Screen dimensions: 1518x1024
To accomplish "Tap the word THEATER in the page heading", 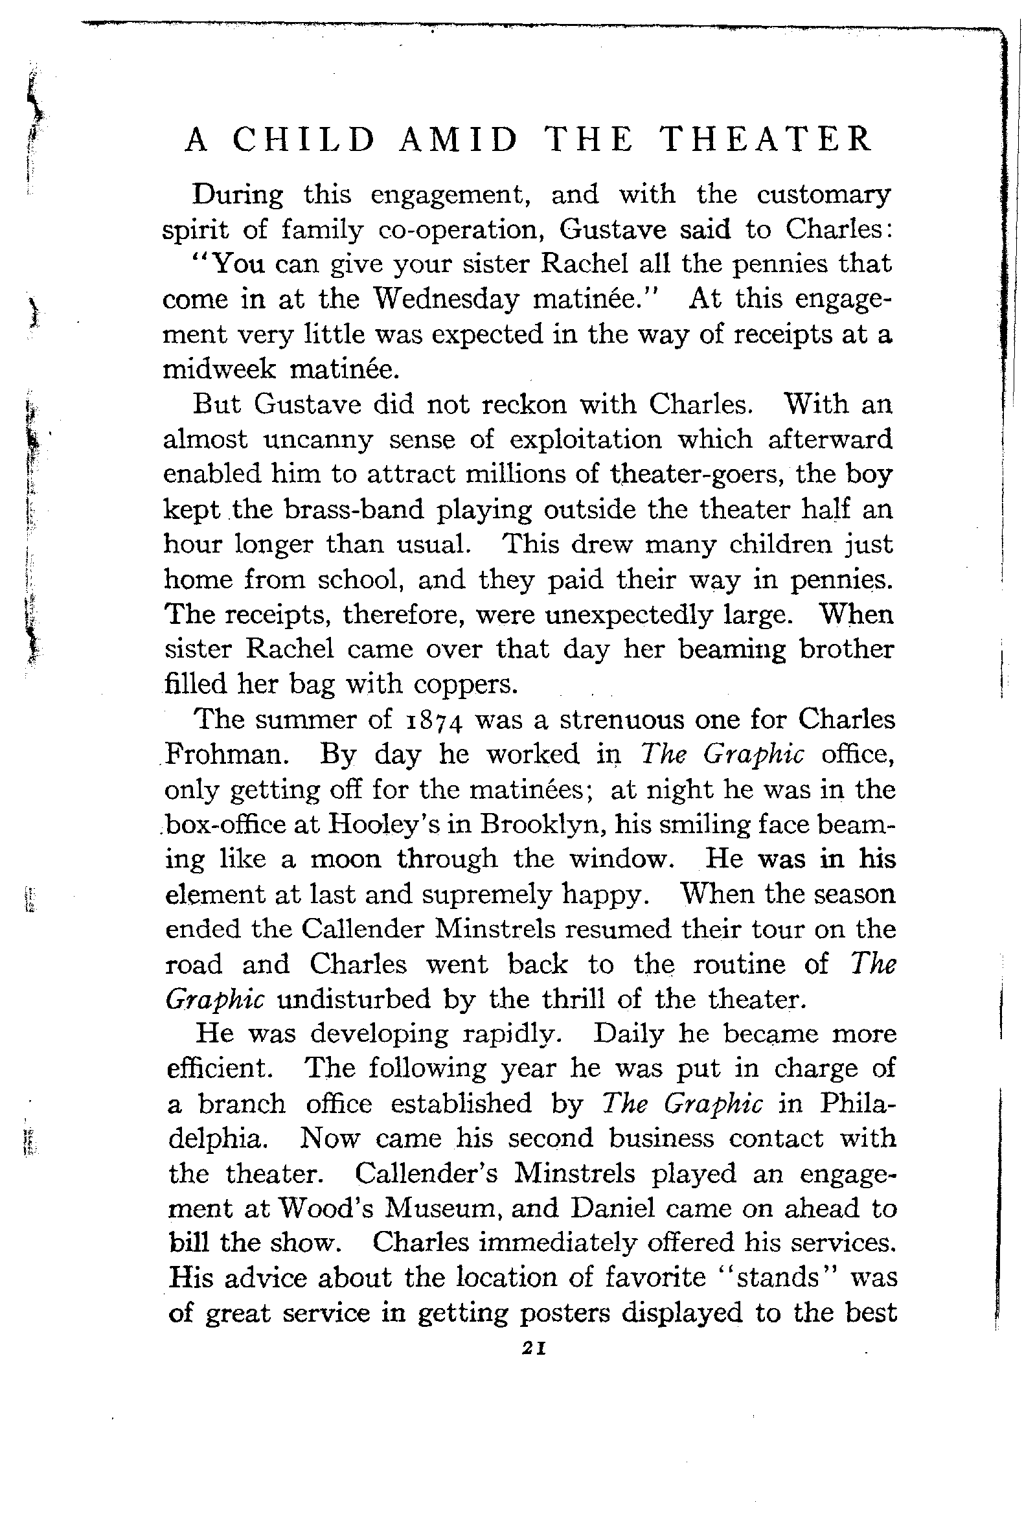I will (x=766, y=140).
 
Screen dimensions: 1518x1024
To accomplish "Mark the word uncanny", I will (x=317, y=440).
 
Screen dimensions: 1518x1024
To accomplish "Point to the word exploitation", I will (x=586, y=440).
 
